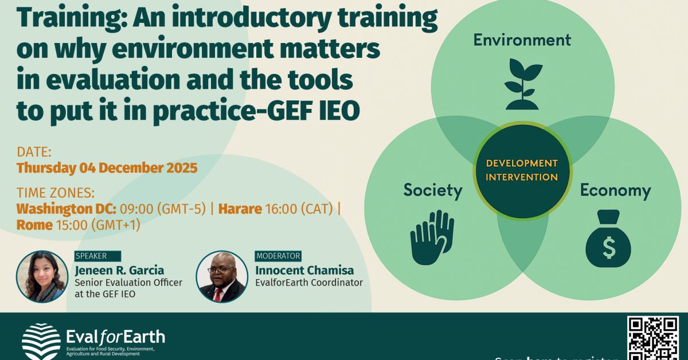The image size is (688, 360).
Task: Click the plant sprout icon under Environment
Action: point(523,85)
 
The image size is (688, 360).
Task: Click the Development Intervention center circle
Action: point(522,170)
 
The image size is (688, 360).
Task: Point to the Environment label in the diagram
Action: point(522,40)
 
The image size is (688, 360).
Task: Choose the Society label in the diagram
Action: point(432,190)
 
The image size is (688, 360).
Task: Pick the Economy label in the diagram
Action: point(615,190)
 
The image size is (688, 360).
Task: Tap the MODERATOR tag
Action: point(278,256)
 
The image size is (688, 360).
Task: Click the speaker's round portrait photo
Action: point(42,277)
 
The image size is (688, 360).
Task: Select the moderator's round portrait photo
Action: point(221,277)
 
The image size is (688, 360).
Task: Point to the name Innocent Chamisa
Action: point(304,270)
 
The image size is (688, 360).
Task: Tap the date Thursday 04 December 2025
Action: point(107,168)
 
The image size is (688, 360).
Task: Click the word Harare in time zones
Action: point(239,208)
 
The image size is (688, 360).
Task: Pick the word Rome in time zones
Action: point(34,225)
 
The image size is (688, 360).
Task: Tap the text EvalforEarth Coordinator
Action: point(309,283)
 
